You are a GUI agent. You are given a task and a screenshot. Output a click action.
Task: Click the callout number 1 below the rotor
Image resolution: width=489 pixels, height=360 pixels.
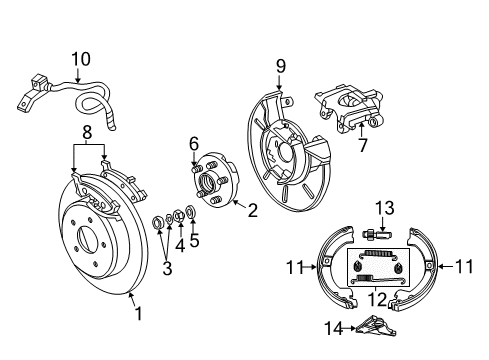[138, 314]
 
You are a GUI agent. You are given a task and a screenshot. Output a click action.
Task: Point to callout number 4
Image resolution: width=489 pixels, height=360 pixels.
[181, 245]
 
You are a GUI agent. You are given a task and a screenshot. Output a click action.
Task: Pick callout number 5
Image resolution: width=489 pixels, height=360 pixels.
[195, 239]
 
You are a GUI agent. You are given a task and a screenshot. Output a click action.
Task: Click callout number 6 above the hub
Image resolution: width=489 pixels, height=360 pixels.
[195, 144]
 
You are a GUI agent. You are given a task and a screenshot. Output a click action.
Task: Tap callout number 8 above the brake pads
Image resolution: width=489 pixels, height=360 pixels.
[88, 130]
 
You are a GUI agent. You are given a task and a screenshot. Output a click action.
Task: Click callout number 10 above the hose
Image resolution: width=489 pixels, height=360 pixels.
[79, 59]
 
